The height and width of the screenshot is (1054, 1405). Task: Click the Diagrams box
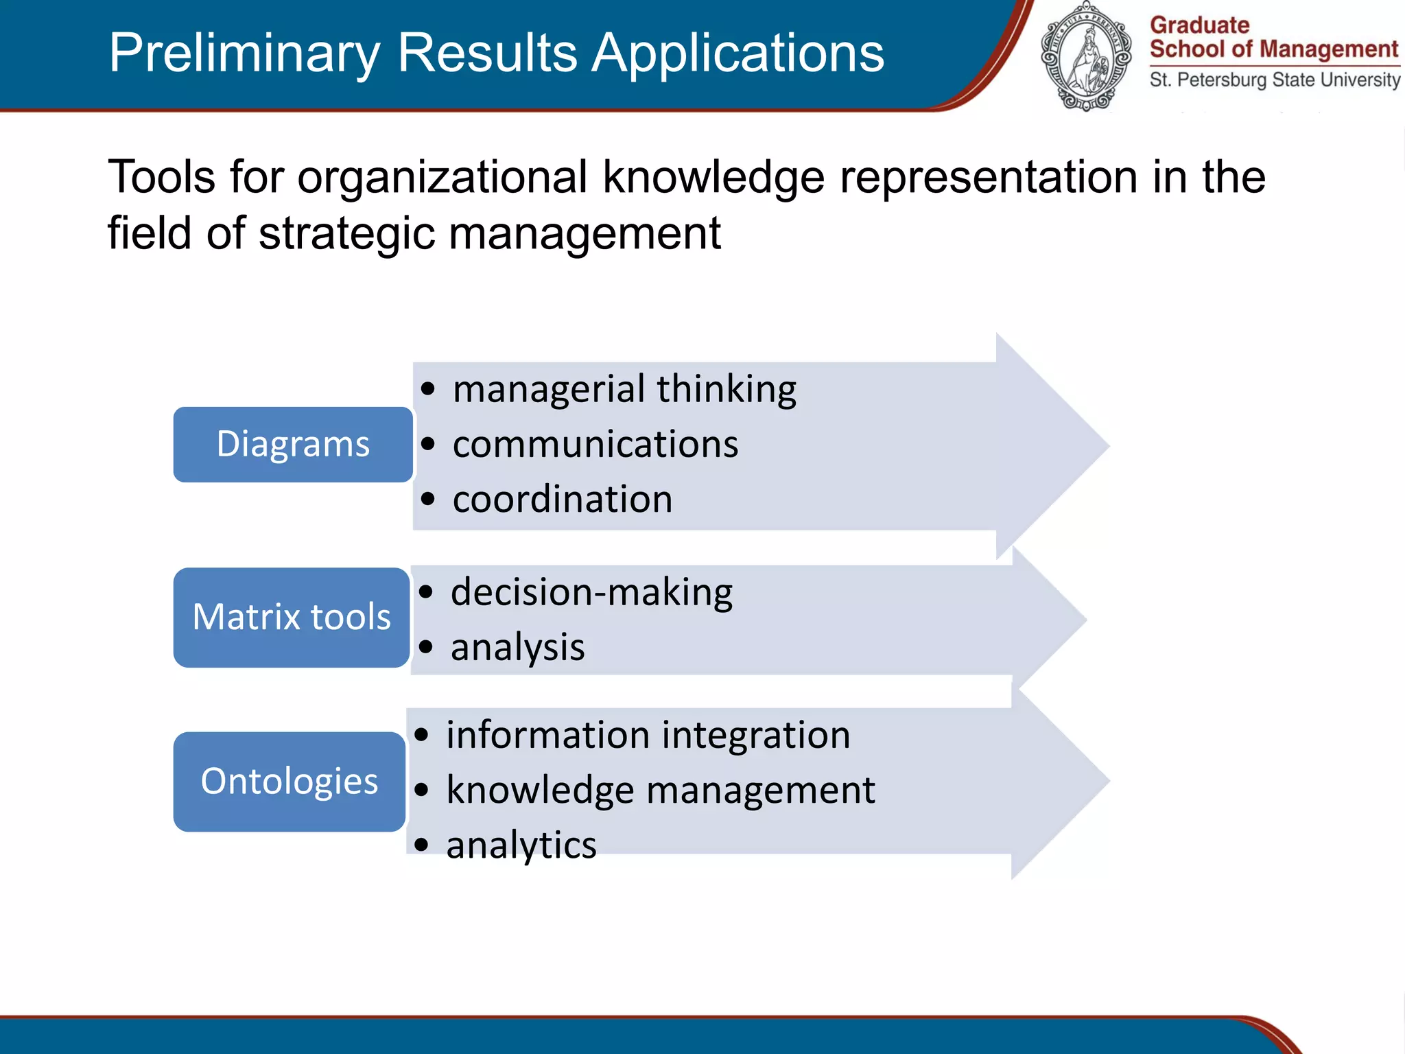point(293,444)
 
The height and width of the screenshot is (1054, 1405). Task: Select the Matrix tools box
point(292,617)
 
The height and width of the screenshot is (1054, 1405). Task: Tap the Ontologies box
point(290,782)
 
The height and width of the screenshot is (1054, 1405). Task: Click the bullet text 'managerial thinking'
point(624,389)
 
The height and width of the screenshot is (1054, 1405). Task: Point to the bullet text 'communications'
point(595,444)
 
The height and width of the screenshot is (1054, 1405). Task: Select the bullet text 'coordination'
point(563,499)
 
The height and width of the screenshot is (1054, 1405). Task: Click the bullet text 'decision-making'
point(591,592)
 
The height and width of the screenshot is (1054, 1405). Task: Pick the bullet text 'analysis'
point(517,647)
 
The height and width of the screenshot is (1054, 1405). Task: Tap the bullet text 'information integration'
point(648,735)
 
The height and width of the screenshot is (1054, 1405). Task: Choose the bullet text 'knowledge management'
point(661,790)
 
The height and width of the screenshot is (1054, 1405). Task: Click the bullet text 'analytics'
point(521,845)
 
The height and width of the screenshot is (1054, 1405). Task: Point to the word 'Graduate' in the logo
point(1199,25)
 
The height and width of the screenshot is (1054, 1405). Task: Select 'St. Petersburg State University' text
point(1275,80)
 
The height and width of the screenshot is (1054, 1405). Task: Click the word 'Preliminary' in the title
point(244,53)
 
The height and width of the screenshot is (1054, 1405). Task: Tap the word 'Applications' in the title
point(738,53)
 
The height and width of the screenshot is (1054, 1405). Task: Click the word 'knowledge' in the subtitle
point(713,177)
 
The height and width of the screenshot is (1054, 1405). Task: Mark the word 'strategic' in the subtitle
point(346,233)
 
